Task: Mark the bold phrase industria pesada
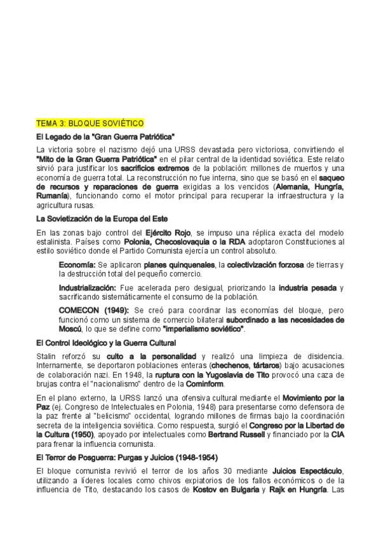pos(307,287)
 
